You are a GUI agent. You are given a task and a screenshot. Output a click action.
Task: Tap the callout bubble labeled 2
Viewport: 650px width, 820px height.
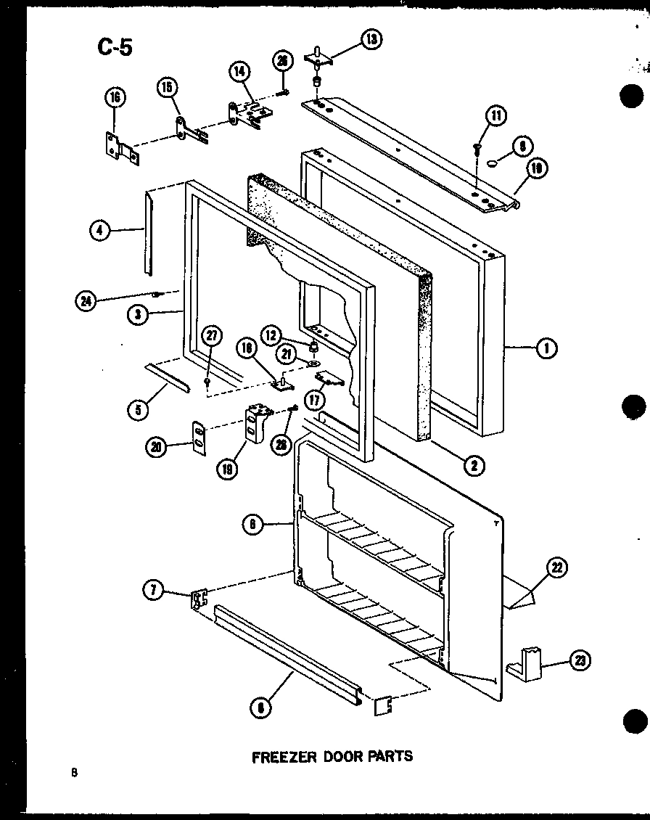point(474,466)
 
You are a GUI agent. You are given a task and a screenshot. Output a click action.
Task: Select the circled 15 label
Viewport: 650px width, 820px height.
point(167,89)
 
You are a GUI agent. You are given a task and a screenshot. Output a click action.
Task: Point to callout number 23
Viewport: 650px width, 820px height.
point(580,660)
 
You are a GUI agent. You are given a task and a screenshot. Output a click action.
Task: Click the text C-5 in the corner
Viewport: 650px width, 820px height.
point(114,49)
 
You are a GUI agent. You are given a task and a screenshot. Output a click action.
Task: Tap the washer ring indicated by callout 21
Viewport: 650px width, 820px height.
point(313,364)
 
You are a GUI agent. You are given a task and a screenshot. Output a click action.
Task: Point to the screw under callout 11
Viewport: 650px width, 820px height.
point(476,149)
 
